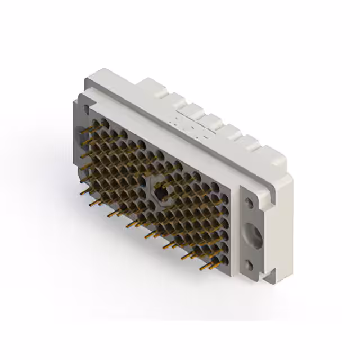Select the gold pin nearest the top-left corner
coord(84,130)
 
